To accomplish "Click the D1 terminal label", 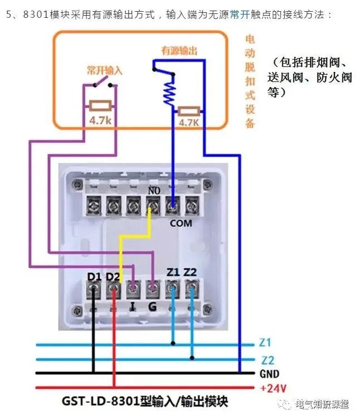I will click(x=94, y=276).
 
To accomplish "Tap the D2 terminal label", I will click(x=113, y=276).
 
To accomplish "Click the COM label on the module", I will click(x=181, y=223).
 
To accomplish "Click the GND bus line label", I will click(x=270, y=374).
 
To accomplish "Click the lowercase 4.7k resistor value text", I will click(x=101, y=120).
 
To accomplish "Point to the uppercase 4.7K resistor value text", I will click(x=189, y=122).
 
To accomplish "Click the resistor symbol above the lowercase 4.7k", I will click(x=101, y=105).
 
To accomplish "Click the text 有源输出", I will click(x=179, y=51).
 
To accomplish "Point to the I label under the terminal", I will click(x=133, y=306).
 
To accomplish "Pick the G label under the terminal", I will click(x=152, y=306).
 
